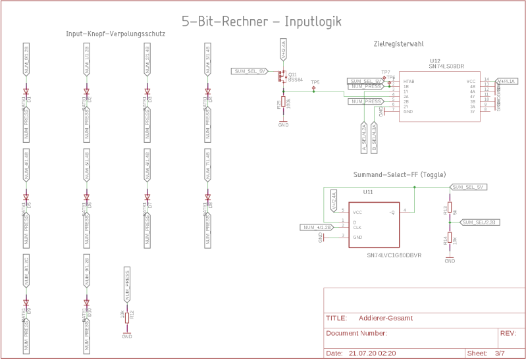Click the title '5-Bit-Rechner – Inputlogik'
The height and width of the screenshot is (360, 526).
click(x=261, y=21)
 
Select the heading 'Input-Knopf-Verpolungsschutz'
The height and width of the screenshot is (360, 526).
click(x=115, y=34)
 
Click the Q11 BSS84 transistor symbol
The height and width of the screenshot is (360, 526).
click(x=283, y=76)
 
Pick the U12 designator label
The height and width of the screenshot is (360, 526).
click(x=434, y=61)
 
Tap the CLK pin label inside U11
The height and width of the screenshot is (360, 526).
click(x=357, y=228)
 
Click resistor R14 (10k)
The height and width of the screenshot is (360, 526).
click(x=450, y=239)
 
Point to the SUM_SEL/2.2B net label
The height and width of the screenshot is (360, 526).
click(x=480, y=222)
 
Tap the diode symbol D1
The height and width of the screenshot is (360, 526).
click(x=27, y=93)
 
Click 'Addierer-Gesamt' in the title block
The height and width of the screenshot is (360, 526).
click(x=386, y=318)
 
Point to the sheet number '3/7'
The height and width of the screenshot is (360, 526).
click(x=500, y=353)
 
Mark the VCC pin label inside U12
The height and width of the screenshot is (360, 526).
click(x=471, y=81)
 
